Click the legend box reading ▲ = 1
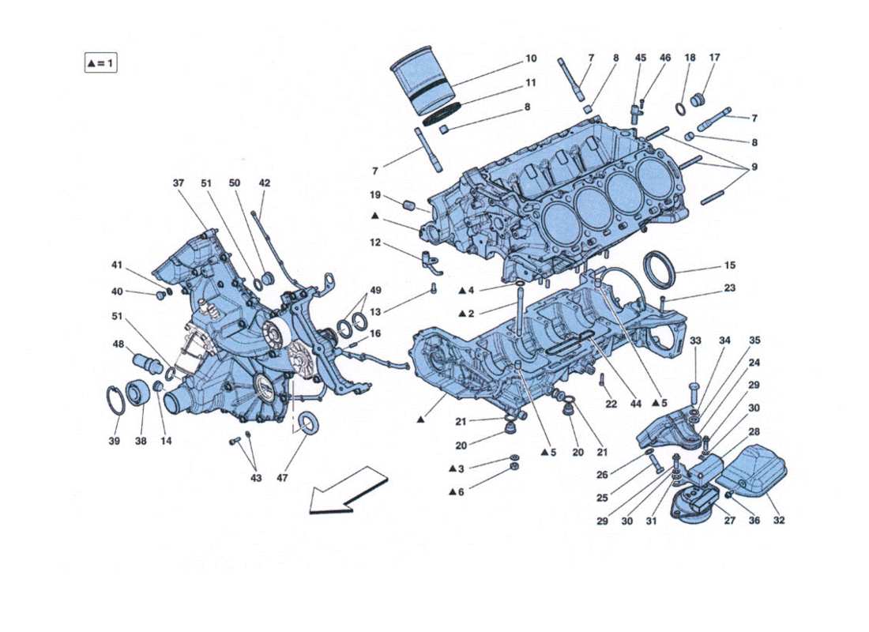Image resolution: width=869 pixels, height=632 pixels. (x=100, y=62)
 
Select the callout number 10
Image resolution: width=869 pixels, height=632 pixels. (x=530, y=58)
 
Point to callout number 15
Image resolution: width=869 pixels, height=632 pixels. (x=729, y=265)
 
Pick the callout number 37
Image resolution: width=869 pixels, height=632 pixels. (x=179, y=183)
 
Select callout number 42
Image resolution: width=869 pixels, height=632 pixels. (x=264, y=183)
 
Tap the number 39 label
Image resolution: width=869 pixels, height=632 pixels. (x=115, y=441)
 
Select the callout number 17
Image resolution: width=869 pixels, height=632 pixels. (x=714, y=58)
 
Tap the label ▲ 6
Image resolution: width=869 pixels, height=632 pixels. (x=457, y=492)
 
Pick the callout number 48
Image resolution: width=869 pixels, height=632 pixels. (x=119, y=344)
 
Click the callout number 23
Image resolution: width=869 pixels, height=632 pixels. (x=729, y=288)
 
